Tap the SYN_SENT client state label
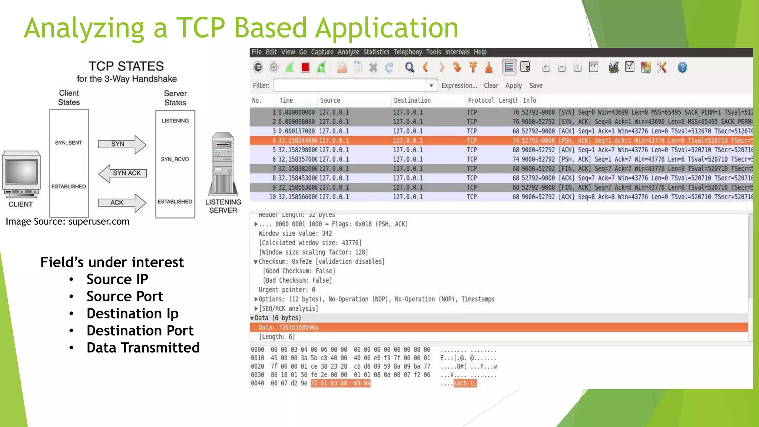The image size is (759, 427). [69, 143]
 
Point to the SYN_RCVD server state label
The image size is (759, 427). [175, 159]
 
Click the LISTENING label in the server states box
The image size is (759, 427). [175, 121]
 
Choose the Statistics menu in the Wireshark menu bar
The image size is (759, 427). [376, 52]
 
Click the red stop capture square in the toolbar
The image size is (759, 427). [305, 67]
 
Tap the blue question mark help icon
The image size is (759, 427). [682, 67]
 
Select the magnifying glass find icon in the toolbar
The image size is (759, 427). [410, 67]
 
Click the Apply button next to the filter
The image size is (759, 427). [513, 86]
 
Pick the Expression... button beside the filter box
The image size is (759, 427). [459, 86]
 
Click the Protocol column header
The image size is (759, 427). [481, 100]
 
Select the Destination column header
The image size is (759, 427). [412, 100]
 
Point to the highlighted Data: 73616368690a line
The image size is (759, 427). [288, 327]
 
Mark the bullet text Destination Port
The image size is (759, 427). [140, 331]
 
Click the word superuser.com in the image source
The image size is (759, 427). [99, 222]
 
